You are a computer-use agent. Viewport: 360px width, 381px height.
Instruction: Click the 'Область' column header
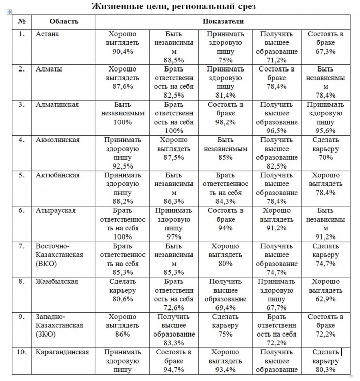click(64, 22)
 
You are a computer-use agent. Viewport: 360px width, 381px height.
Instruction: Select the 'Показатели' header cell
click(223, 22)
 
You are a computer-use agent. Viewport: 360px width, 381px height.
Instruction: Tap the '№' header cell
click(21, 22)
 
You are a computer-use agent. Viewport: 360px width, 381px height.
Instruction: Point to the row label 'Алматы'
click(49, 69)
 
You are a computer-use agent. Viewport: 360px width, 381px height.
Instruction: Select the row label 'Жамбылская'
click(57, 281)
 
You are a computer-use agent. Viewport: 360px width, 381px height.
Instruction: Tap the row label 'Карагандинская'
click(62, 352)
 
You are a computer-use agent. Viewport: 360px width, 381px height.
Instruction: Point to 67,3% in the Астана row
click(325, 52)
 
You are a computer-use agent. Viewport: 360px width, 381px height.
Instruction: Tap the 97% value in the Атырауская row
click(174, 236)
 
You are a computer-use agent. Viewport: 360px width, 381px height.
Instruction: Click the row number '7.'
click(21, 246)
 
